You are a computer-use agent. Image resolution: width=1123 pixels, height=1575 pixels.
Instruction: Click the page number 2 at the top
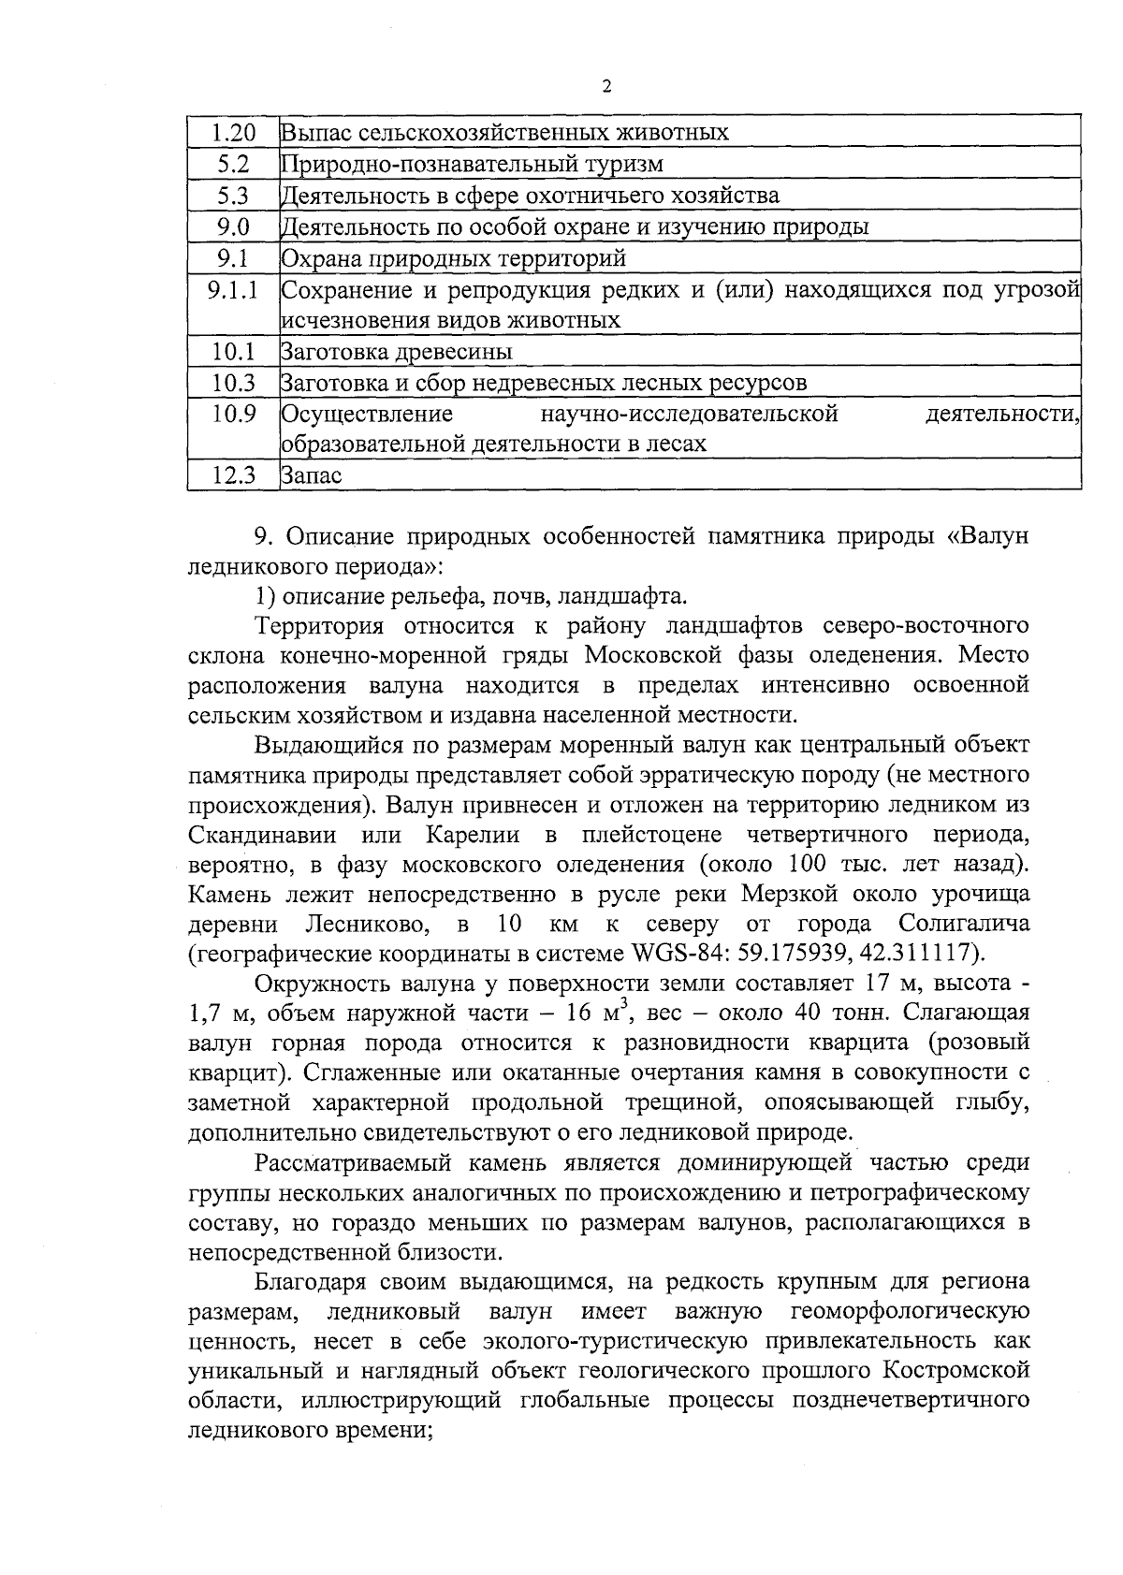pyautogui.click(x=605, y=87)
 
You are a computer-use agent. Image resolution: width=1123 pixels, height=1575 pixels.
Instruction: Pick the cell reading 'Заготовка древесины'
pyautogui.click(x=397, y=353)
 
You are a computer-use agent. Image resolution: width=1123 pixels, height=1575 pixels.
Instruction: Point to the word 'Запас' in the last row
pyautogui.click(x=312, y=475)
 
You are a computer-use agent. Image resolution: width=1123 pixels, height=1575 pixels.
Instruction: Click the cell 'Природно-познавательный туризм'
pyautogui.click(x=473, y=164)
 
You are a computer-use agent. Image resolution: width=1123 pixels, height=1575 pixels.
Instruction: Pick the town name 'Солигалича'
pyautogui.click(x=964, y=925)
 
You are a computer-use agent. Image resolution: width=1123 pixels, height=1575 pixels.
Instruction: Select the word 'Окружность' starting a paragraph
pyautogui.click(x=318, y=984)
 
